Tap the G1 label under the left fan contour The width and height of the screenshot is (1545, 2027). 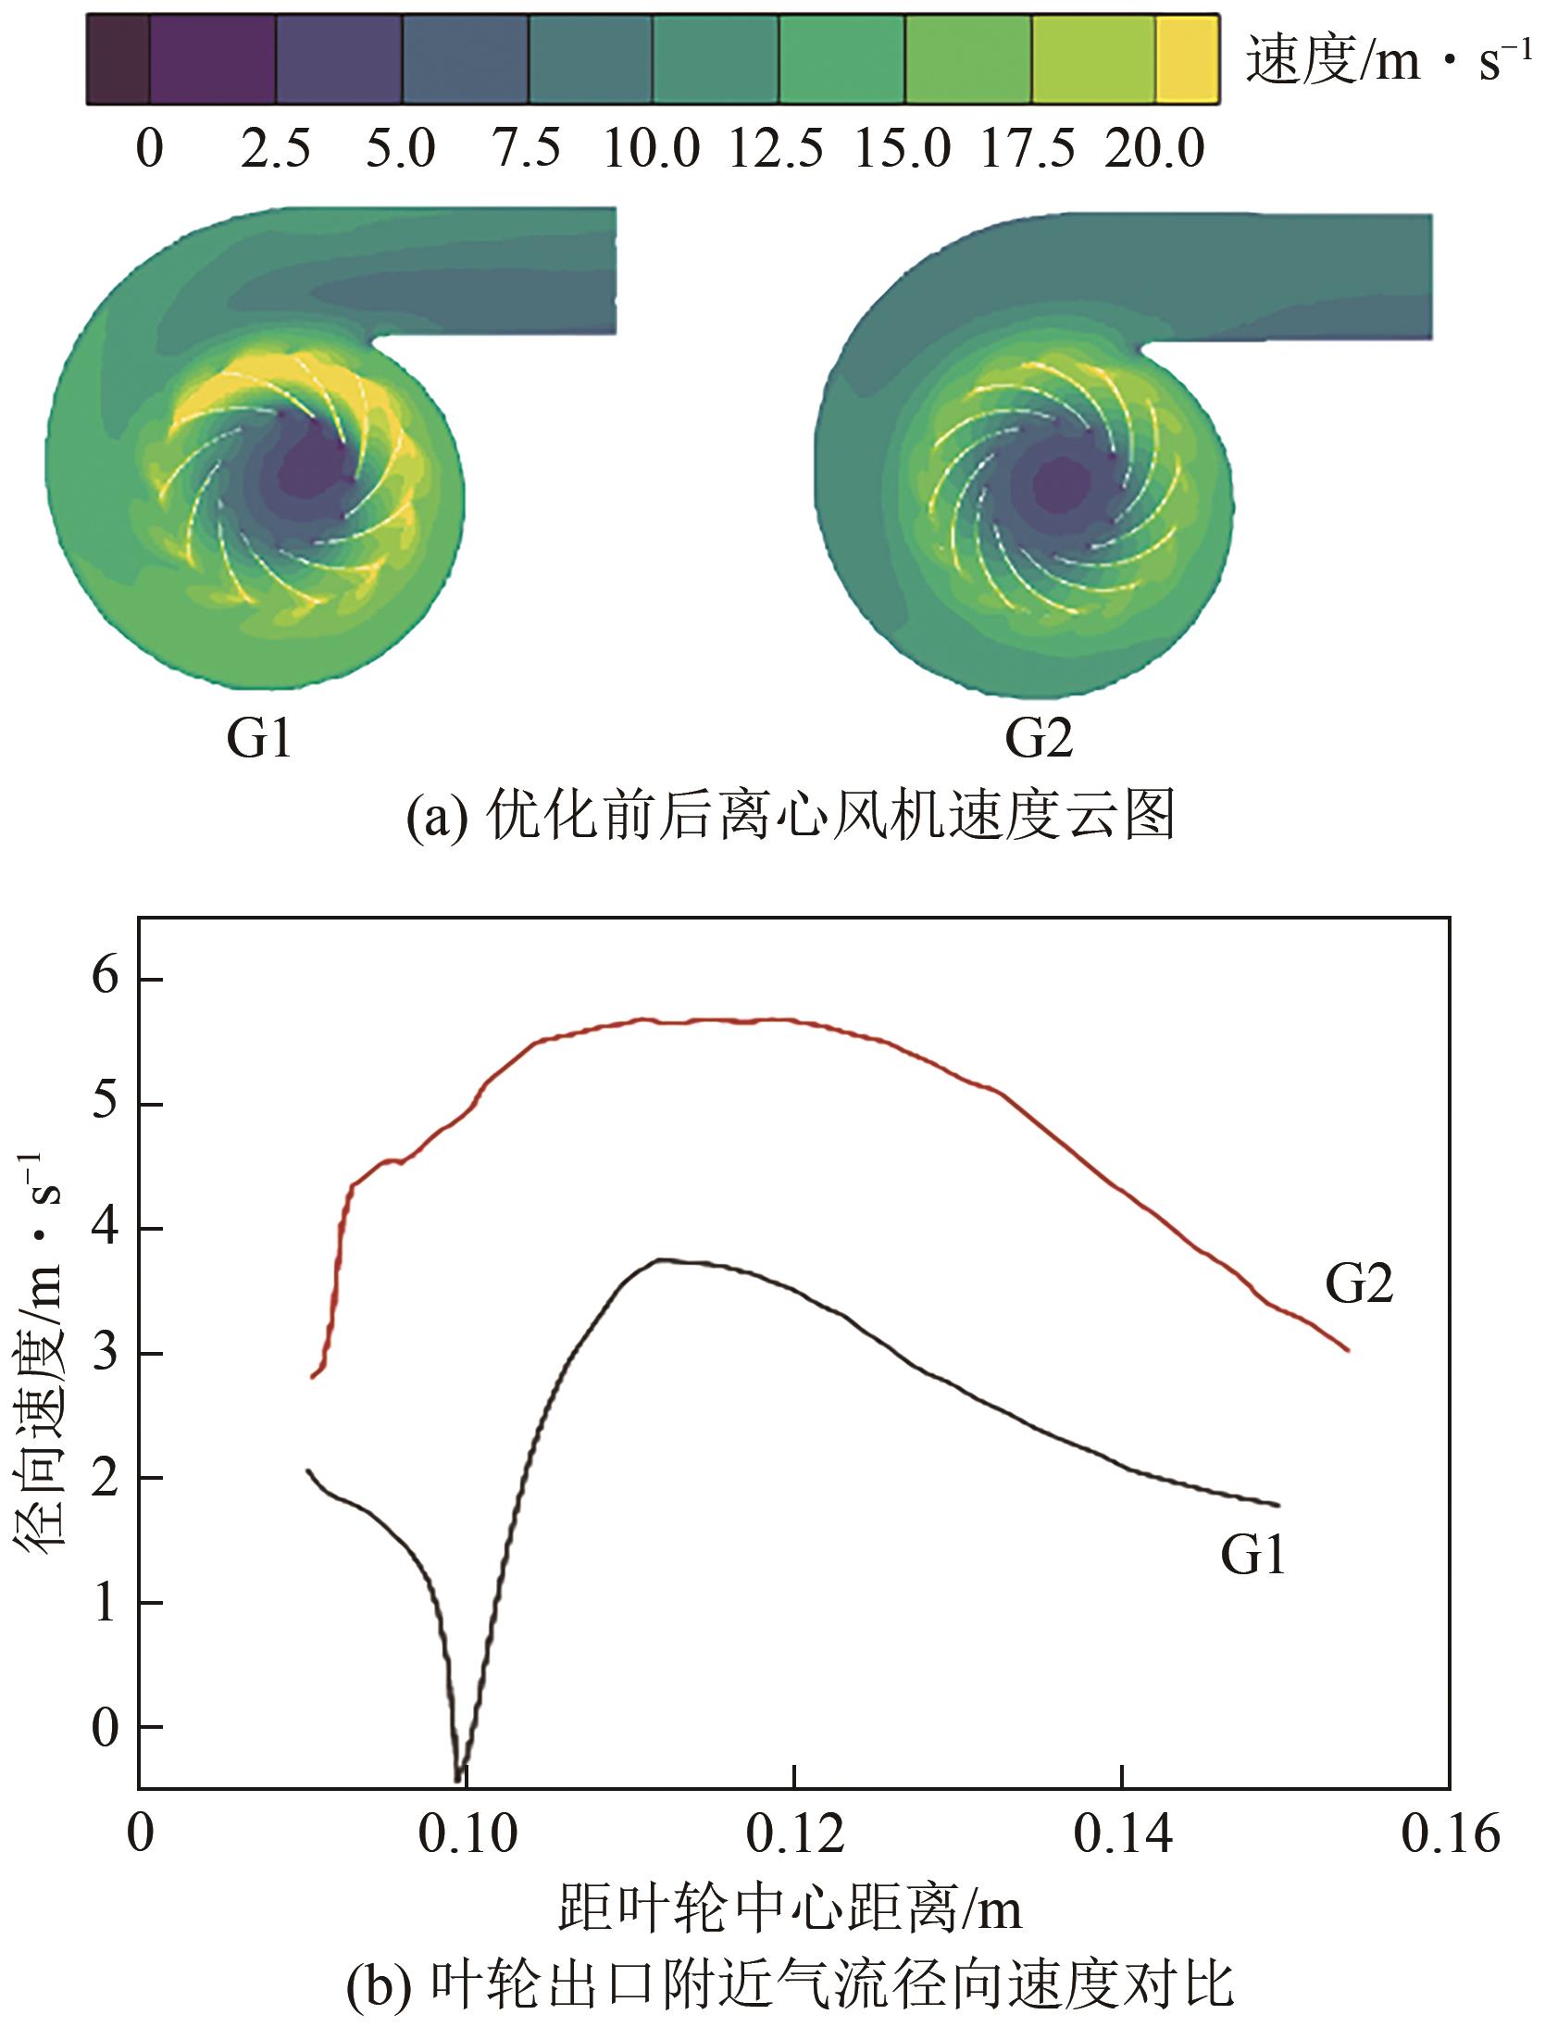pyautogui.click(x=259, y=739)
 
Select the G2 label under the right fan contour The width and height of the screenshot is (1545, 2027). pyautogui.click(x=1040, y=739)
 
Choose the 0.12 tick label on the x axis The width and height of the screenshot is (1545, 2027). pyautogui.click(x=794, y=1777)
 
